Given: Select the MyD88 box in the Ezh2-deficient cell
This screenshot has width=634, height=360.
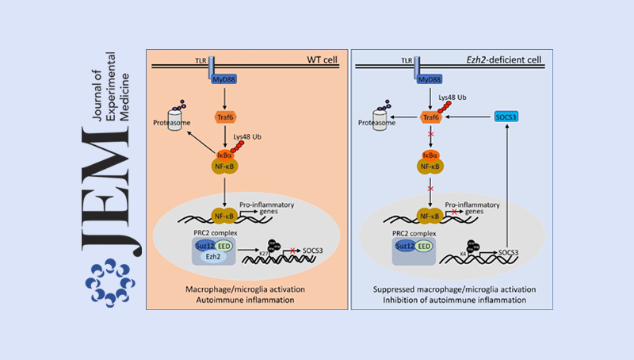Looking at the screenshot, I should pos(432,80).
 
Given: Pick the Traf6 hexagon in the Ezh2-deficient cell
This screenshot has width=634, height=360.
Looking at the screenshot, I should pos(430,117).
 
